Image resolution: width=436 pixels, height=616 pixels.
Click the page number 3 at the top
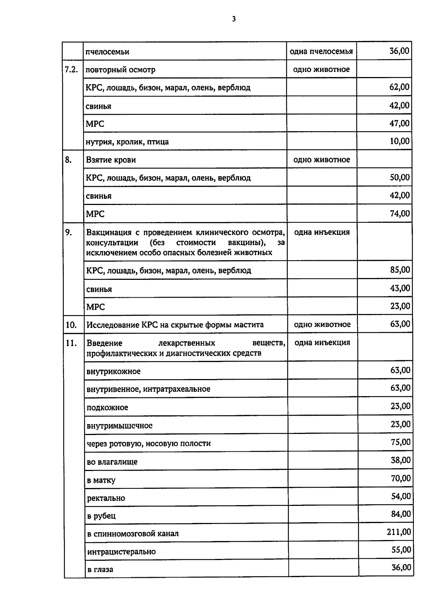pos(234,19)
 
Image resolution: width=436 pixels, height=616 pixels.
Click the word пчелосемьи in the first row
pos(107,52)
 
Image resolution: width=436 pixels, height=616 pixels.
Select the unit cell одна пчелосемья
pos(321,51)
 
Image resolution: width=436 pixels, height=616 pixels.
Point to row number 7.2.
pos(71,69)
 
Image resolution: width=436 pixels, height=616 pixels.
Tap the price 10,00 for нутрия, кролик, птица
pos(399,141)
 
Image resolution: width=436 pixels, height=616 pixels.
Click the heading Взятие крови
pos(111,160)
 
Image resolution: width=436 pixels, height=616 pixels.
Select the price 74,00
pos(400,213)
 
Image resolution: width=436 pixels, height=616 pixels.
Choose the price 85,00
pos(400,270)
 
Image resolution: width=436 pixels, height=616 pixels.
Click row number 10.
pos(71,325)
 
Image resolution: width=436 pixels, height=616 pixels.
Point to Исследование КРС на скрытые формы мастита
pos(175,325)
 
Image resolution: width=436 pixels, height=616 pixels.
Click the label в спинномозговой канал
pos(133,534)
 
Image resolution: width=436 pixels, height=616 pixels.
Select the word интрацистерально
pos(121,552)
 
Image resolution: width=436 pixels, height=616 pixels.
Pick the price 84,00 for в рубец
pos(401,514)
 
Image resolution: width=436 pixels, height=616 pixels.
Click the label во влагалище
pos(112,462)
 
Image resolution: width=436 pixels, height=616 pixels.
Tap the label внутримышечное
pos(120,426)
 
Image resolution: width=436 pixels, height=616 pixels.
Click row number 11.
pos(71,343)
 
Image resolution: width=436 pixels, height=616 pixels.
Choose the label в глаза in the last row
pos(100,569)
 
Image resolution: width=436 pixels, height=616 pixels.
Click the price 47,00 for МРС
pos(399,123)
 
